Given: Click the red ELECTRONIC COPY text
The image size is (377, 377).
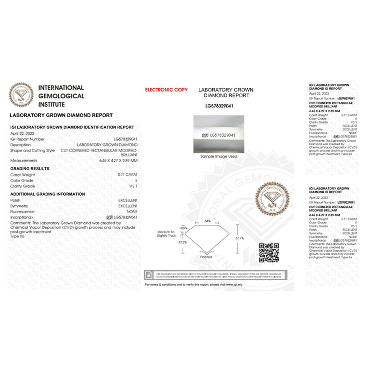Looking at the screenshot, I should [x=166, y=90].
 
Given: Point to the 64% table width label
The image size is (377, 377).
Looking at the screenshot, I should [x=208, y=221].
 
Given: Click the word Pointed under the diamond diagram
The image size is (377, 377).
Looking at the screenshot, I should [x=207, y=257].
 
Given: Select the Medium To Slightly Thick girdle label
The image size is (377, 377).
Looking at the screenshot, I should [x=166, y=234].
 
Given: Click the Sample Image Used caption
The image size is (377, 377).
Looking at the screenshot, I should [x=219, y=156].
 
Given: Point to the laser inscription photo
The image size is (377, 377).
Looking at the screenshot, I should [x=219, y=134].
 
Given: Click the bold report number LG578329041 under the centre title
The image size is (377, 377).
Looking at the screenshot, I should [x=219, y=106].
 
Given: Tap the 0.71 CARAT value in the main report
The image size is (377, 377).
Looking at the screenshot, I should [x=128, y=175].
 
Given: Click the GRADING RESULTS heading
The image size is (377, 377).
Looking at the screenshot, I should [x=30, y=169].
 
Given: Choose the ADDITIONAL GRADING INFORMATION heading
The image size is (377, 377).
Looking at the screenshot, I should [x=48, y=194].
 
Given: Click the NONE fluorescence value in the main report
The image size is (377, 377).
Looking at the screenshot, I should [x=132, y=212].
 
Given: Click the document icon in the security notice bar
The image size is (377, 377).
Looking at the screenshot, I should [x=149, y=274].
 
